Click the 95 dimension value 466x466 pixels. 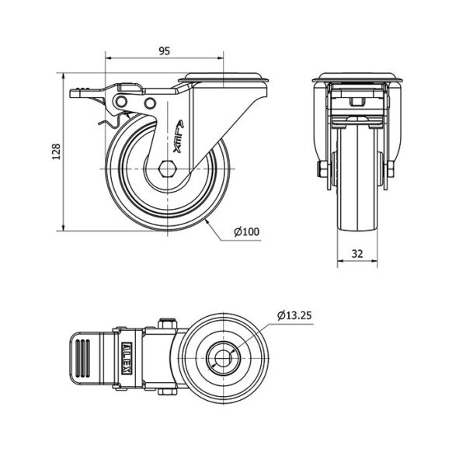click(x=165, y=50)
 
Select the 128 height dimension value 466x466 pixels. click(x=56, y=152)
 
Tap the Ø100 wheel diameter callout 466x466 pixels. click(x=246, y=231)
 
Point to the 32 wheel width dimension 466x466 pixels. click(x=357, y=254)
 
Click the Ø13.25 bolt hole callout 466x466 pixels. click(x=294, y=315)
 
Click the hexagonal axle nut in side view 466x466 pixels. click(x=168, y=169)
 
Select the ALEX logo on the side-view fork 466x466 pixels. click(x=179, y=137)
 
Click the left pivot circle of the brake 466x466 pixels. click(x=122, y=102)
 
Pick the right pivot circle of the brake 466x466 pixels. click(x=150, y=103)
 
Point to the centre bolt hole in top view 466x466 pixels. click(x=222, y=356)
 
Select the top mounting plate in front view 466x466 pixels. click(x=357, y=78)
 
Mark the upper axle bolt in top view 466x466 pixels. click(x=167, y=324)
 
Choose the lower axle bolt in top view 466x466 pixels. click(x=167, y=391)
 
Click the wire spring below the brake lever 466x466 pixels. click(x=113, y=122)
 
